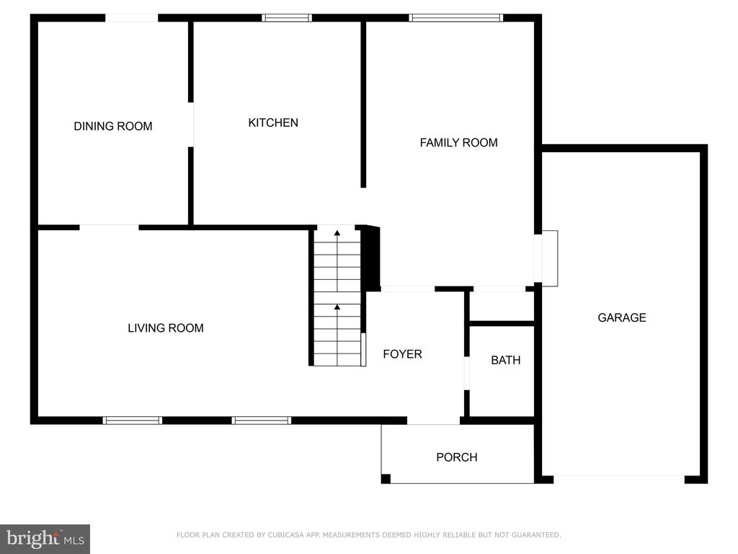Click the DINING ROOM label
(x=113, y=126)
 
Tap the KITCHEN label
(x=273, y=123)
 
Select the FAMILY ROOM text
(x=458, y=142)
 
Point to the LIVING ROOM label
(x=166, y=328)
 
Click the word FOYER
(x=402, y=353)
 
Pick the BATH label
(x=505, y=361)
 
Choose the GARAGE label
(x=622, y=317)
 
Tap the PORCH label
(x=456, y=457)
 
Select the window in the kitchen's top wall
(x=287, y=18)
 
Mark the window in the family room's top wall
(x=455, y=18)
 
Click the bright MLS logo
(x=45, y=539)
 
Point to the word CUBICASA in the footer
(x=285, y=535)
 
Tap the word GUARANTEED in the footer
(x=536, y=535)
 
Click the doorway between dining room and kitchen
(x=190, y=124)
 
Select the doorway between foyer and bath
(x=466, y=373)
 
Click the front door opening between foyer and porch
(x=433, y=421)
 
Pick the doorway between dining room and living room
(x=110, y=227)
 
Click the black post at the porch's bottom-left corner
(x=386, y=479)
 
